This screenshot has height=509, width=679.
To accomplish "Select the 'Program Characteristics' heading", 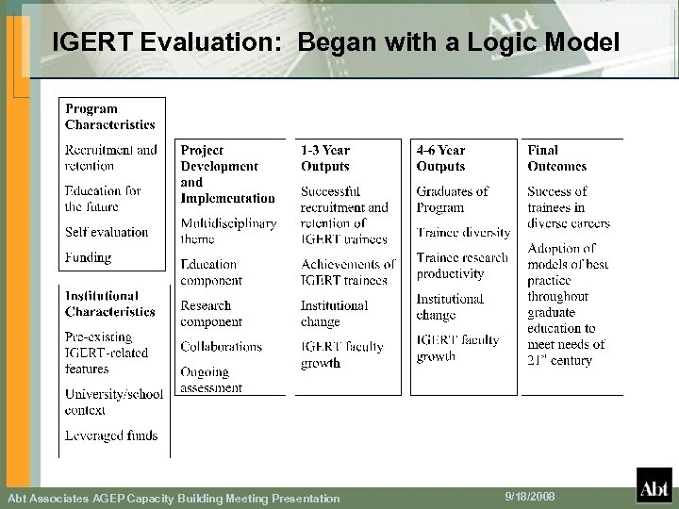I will (x=109, y=117).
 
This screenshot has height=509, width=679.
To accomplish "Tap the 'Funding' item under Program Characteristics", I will (x=88, y=257).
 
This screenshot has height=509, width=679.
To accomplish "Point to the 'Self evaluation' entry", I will (x=107, y=232).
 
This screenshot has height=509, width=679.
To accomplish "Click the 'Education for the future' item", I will (x=103, y=199).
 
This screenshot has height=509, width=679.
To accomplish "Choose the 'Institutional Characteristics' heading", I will (x=109, y=304).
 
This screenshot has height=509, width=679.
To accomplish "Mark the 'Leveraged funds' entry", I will (x=111, y=435).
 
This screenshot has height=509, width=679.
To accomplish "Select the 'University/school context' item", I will (x=113, y=402).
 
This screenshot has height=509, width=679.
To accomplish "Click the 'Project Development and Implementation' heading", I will (x=226, y=174).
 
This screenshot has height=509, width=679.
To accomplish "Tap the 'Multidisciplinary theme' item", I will (x=228, y=232).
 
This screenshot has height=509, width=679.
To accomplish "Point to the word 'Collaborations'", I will (x=221, y=347).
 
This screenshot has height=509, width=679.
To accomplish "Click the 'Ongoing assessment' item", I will (x=211, y=380).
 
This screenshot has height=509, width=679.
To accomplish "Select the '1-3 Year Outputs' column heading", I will (x=325, y=158).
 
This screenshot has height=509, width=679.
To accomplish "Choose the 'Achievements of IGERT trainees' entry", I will (x=347, y=272).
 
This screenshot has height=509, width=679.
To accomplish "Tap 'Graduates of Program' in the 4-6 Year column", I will (x=452, y=199).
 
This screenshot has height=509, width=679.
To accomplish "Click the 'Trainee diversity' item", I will (x=463, y=232).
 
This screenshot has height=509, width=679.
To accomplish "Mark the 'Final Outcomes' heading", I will (x=556, y=158).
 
